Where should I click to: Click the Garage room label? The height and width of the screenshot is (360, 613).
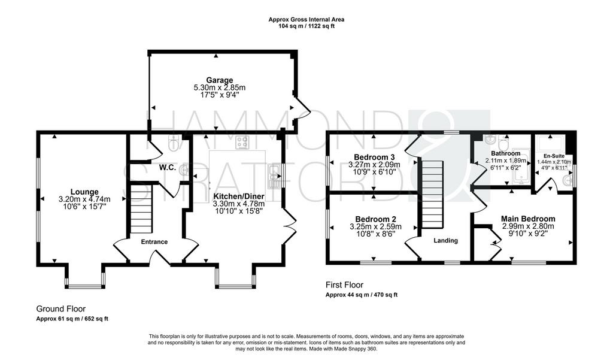click(x=220, y=81)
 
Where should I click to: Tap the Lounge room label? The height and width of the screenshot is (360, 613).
click(x=84, y=192)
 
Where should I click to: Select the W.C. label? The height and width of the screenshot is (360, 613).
click(x=168, y=168)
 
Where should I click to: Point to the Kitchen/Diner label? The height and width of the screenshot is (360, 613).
click(x=238, y=196)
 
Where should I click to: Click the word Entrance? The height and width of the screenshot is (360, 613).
click(x=154, y=242)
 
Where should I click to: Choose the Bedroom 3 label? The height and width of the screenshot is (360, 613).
click(x=374, y=158)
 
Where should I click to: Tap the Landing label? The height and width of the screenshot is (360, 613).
click(x=445, y=241)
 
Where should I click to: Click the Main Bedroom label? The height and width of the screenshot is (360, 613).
click(x=528, y=219)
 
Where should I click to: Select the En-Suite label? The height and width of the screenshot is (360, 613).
click(x=554, y=156)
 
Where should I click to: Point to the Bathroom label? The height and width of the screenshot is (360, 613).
click(x=505, y=153)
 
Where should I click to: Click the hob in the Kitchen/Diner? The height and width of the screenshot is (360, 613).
click(x=242, y=143)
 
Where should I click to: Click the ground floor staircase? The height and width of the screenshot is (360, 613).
click(x=140, y=209)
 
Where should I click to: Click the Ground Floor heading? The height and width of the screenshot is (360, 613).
click(x=61, y=309)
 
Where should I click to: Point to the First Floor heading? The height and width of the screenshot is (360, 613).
click(x=344, y=285)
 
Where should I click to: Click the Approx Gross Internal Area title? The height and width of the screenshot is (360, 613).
click(x=306, y=19)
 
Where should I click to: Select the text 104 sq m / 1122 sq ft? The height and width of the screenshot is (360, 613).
click(x=306, y=26)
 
